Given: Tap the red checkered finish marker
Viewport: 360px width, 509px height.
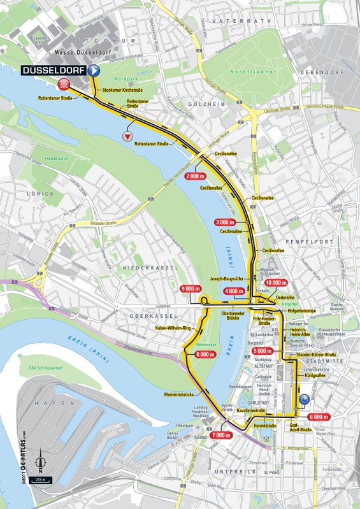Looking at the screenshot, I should [x=64, y=85].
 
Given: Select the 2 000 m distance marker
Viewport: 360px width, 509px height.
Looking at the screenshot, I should [x=195, y=176].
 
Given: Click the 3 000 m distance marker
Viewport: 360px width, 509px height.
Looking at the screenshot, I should [x=226, y=222].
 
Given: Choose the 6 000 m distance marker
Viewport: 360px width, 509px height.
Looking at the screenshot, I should [x=318, y=417].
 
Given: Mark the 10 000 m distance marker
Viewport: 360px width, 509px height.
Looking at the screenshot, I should [x=278, y=282].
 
